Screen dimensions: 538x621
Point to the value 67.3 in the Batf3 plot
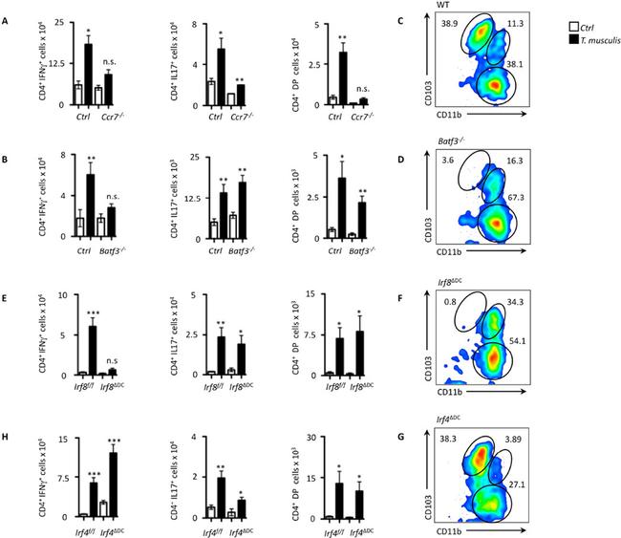503,196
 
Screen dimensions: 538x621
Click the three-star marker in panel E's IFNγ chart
92,314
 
